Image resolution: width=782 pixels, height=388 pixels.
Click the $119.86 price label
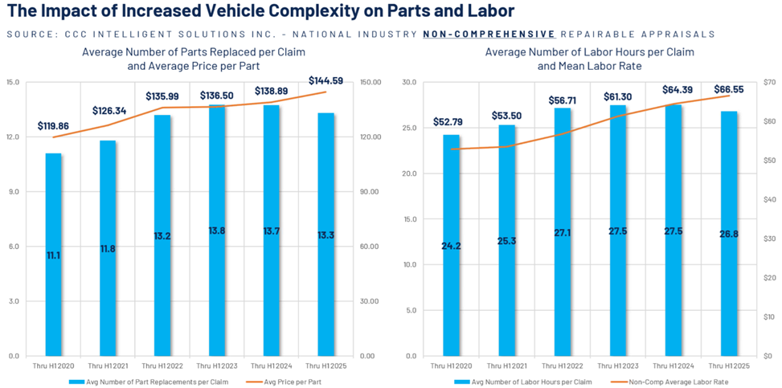click(53, 126)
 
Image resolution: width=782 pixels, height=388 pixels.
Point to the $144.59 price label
click(325, 80)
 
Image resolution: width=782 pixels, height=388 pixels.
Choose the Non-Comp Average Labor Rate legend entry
click(677, 382)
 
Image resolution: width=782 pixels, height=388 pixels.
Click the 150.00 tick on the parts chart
click(371, 83)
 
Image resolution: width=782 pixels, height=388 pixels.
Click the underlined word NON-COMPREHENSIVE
click(489, 35)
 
